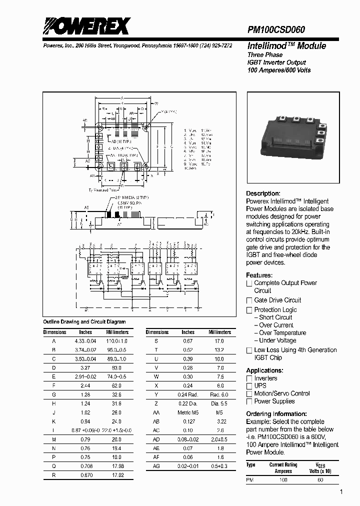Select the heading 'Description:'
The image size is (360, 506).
click(263, 193)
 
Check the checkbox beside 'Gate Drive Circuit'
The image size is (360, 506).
click(249, 300)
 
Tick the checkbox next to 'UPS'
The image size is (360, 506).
click(249, 386)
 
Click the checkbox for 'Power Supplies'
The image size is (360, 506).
click(249, 401)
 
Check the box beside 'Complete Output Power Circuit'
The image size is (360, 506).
click(249, 283)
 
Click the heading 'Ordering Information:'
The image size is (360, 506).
click(276, 414)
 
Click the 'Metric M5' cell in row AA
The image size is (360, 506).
click(188, 413)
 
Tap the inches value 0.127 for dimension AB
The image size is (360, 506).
click(188, 421)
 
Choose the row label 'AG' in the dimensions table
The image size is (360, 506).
click(157, 466)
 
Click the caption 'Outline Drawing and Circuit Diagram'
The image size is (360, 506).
click(84, 322)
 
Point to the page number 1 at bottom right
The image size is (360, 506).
click(341, 492)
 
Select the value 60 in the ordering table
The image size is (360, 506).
click(320, 480)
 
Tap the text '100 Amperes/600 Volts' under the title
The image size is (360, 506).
click(279, 70)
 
